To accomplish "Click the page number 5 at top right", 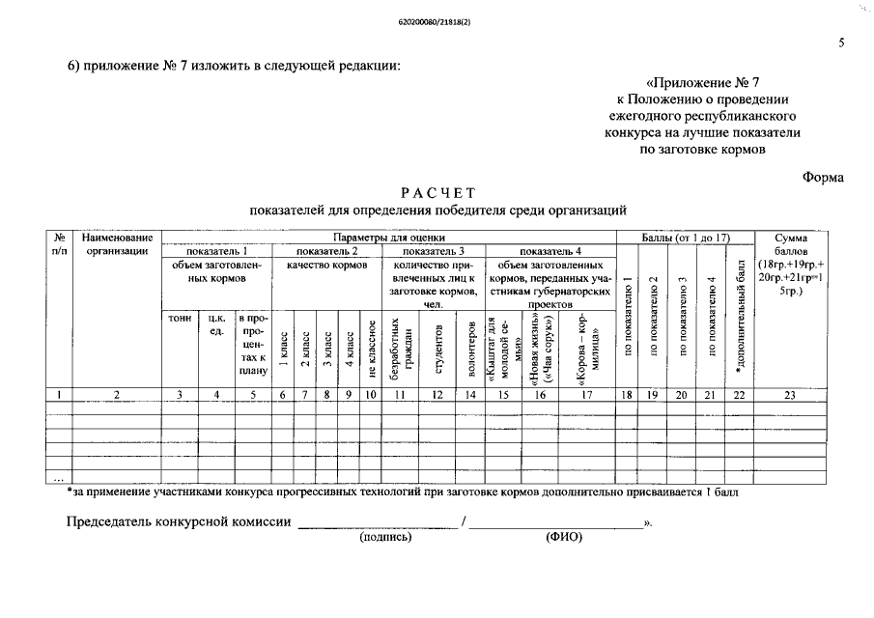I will (842, 43).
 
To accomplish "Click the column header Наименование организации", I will (117, 243).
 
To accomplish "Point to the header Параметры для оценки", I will (389, 237).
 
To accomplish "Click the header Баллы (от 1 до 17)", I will (685, 237).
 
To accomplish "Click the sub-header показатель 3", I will (434, 250).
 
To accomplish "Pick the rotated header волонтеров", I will (470, 342).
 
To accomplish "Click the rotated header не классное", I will (371, 342).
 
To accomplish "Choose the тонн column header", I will (180, 318).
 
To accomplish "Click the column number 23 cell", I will (789, 394).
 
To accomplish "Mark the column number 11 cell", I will (398, 394).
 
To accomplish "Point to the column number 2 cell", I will (117, 394).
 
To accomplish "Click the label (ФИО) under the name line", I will (564, 537).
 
